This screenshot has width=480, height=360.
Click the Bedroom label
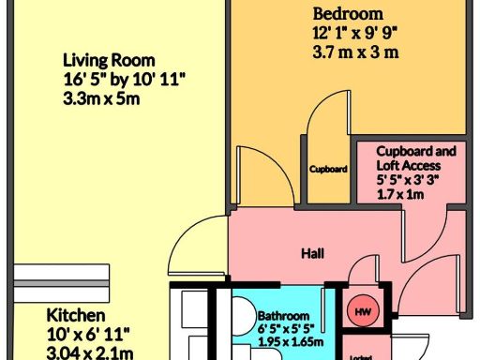(348, 14)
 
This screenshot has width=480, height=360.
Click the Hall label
(313, 254)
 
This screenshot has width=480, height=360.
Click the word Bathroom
(283, 316)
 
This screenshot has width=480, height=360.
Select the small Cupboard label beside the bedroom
(329, 170)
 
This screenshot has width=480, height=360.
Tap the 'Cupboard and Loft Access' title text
(415, 157)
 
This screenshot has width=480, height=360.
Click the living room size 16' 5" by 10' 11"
(120, 79)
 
